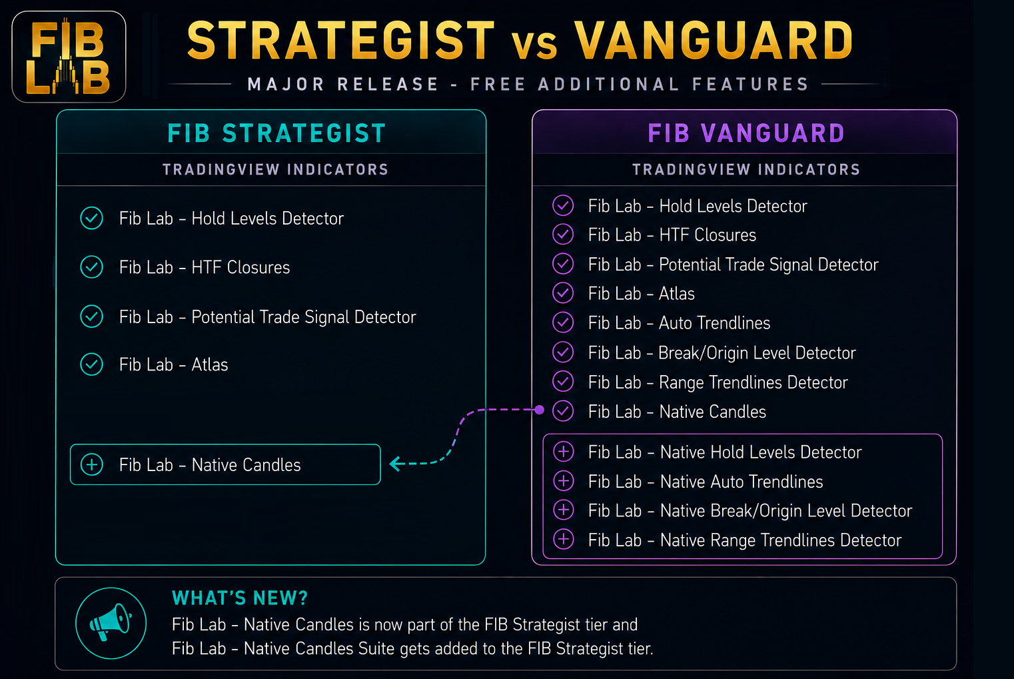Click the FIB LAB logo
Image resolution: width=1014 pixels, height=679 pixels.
69,57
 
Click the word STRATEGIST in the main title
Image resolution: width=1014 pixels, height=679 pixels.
341,41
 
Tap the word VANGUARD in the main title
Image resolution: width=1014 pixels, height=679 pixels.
714,41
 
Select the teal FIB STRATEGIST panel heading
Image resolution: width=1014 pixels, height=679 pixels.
276,133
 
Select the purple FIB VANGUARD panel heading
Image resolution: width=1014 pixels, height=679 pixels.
746,133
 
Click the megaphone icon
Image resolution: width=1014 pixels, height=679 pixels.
111,622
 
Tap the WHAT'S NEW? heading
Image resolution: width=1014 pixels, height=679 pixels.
240,598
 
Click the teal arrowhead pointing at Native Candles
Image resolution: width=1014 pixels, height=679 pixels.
397,464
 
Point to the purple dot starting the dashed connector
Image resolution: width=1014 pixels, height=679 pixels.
539,410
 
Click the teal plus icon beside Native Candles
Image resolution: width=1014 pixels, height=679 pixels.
92,464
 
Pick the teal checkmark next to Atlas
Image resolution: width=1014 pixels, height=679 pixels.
92,364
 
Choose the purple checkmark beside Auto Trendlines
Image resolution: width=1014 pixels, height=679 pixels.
563,323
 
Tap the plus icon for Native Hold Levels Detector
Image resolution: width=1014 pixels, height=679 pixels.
564,452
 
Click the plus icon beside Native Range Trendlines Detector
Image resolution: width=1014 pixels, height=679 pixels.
564,540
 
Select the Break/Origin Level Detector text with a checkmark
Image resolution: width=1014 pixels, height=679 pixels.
722,353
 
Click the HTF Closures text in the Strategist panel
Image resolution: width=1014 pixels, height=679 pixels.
205,267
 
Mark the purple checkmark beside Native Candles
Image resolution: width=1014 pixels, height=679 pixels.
563,411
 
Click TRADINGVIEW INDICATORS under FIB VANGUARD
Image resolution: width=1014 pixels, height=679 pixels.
746,169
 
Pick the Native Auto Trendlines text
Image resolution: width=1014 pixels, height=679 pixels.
706,482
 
